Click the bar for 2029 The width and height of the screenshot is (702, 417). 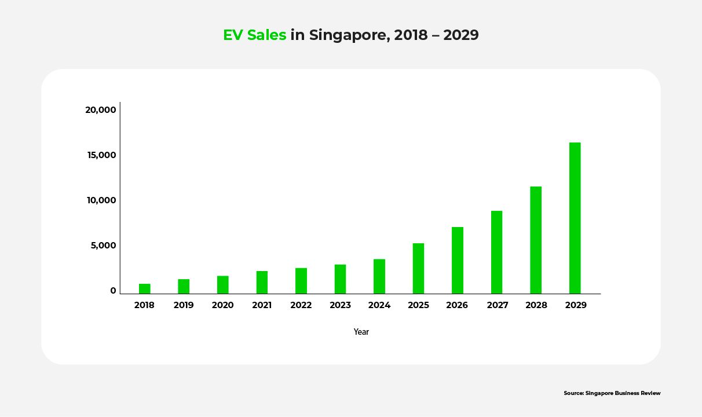tap(575, 218)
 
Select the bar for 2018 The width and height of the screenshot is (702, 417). tap(144, 288)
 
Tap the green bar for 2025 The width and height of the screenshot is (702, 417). tap(418, 268)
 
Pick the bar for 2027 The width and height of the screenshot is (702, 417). tap(496, 252)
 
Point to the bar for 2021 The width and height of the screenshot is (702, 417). tap(262, 282)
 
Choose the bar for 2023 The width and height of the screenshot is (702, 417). tap(340, 279)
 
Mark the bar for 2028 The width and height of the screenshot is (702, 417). tap(536, 240)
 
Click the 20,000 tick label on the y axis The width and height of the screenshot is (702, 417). tap(101, 110)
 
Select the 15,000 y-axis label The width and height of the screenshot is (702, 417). tap(101, 155)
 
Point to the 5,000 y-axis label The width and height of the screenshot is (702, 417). tap(103, 246)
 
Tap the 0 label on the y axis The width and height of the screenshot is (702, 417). tap(114, 291)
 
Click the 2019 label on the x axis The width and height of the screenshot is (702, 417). tap(184, 305)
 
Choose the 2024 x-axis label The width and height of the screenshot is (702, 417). tap(379, 305)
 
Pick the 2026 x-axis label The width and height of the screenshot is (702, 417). tap(457, 305)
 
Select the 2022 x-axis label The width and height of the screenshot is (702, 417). tap(301, 305)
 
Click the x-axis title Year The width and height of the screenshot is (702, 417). tap(361, 332)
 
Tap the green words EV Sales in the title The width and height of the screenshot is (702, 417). tap(255, 35)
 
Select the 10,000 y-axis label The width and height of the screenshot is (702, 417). tap(101, 200)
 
